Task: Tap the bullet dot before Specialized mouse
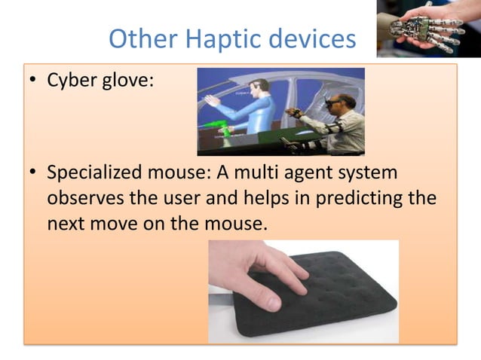pos(33,174)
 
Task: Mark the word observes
pos(85,200)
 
